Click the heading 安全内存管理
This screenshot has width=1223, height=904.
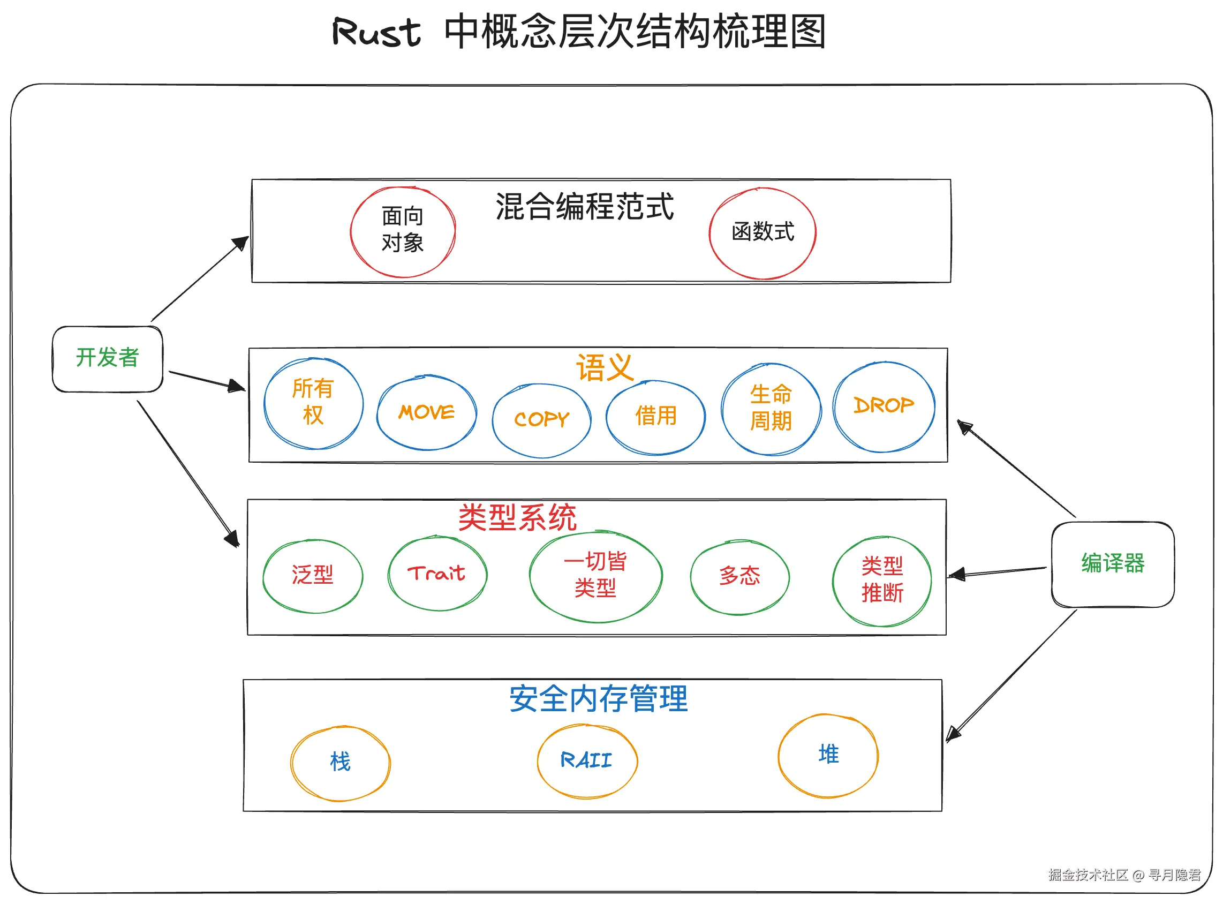point(598,699)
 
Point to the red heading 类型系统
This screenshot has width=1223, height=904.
point(517,517)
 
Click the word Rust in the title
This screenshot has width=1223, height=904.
point(376,32)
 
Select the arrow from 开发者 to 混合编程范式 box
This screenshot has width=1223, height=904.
point(200,278)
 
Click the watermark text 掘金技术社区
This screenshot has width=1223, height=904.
point(1088,875)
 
